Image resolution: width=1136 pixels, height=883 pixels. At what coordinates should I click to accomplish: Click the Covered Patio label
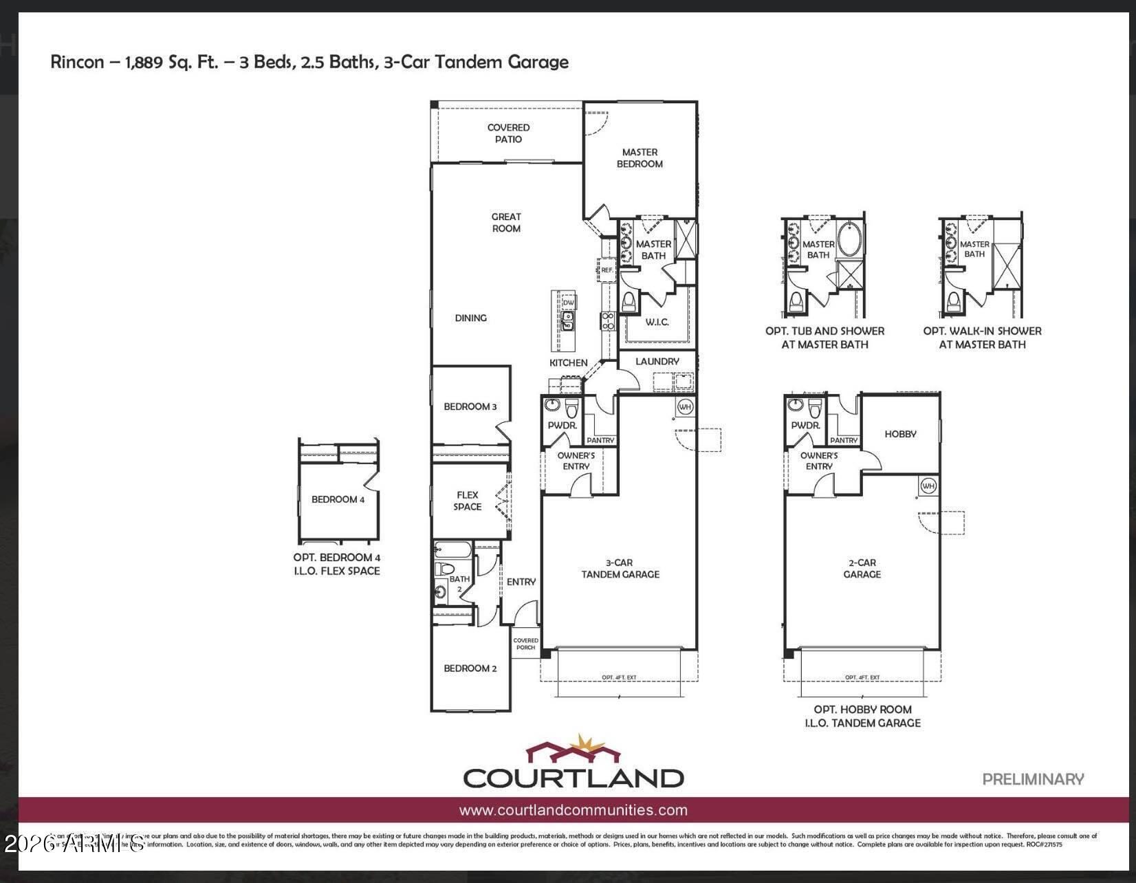[508, 133]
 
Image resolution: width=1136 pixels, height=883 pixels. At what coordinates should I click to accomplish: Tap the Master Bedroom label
[640, 158]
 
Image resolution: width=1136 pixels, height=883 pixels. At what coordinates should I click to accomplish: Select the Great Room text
[506, 222]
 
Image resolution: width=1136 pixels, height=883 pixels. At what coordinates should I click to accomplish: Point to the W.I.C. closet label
[657, 322]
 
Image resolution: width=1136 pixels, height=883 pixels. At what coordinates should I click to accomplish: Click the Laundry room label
[657, 361]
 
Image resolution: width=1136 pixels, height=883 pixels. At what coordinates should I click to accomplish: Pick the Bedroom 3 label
[470, 406]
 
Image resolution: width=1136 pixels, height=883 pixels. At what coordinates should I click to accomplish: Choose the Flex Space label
[468, 501]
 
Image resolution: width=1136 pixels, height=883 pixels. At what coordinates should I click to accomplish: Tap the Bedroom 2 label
[470, 668]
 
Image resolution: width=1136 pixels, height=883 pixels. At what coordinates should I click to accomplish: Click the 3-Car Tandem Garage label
[620, 568]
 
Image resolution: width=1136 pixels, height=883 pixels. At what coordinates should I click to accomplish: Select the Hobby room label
[900, 434]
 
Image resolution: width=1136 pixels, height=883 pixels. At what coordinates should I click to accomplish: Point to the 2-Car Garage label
[862, 568]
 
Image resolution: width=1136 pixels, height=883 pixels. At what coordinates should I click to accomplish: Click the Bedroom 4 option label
[338, 499]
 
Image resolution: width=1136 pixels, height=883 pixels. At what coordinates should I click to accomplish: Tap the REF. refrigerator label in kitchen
[607, 270]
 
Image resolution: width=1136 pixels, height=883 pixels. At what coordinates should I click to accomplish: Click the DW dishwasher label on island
[568, 303]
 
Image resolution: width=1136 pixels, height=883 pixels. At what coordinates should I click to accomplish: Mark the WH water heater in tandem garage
[685, 406]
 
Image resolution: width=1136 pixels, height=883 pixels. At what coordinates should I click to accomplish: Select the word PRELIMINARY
[1033, 779]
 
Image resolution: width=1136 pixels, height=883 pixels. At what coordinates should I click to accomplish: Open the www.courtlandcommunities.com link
[573, 810]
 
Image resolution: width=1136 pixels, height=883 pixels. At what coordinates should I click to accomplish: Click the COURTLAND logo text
[573, 778]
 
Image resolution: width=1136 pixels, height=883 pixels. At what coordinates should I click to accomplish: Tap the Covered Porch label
[526, 644]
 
